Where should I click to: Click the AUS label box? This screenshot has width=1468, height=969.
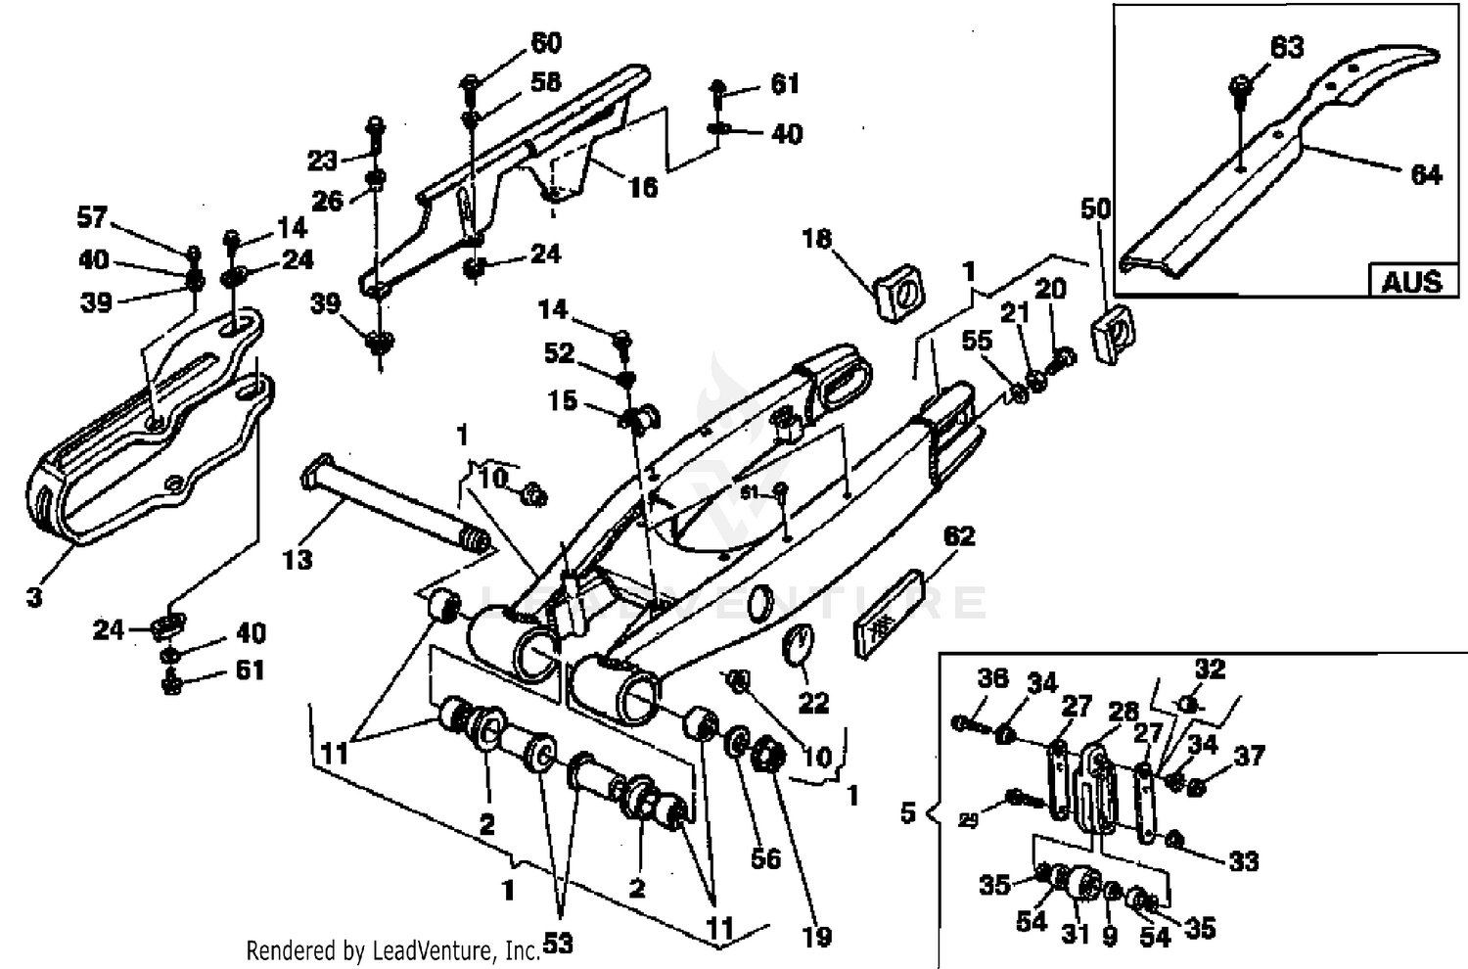pos(1411,281)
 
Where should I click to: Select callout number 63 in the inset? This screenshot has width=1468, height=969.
pos(1287,46)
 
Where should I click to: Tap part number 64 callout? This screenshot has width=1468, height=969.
pos(1426,174)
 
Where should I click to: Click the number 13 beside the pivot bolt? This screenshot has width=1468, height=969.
pos(298,559)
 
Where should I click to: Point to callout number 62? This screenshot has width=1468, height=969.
pos(959,536)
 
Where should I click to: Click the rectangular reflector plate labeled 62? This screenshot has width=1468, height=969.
pos(891,617)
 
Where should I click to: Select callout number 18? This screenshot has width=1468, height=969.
pos(816,239)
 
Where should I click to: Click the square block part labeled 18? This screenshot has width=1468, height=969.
pos(900,290)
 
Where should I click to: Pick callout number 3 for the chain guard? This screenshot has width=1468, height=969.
pos(34,596)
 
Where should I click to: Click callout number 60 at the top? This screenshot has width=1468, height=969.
pos(545,43)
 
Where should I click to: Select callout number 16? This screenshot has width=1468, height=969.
pos(642,186)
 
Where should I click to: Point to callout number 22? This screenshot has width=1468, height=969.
pos(813,702)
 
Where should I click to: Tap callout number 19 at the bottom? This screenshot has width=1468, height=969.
pos(816,937)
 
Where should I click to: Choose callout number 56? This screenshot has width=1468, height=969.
pos(765,858)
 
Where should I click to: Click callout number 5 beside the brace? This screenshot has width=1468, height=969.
pos(907,812)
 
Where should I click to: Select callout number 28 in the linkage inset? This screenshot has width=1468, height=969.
pos(1123,712)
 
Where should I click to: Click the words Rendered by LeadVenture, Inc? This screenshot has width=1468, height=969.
pos(391,949)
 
